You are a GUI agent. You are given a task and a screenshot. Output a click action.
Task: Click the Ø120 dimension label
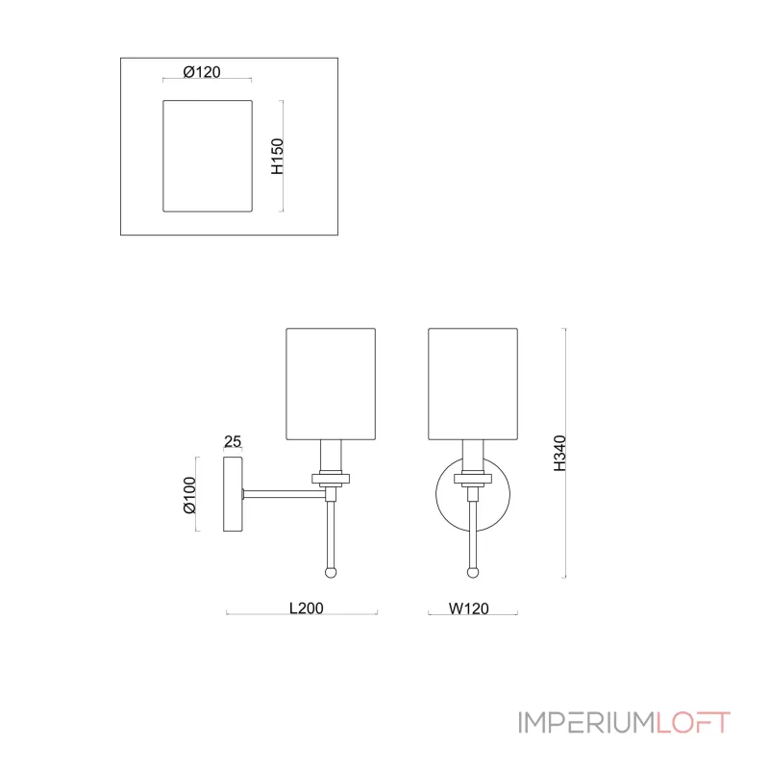202,72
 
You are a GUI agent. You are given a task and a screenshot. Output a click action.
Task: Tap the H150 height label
278,156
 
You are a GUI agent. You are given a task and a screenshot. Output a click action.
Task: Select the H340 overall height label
560,453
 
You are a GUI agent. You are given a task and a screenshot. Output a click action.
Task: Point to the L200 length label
306,608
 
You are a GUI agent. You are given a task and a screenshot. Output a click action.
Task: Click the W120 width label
469,608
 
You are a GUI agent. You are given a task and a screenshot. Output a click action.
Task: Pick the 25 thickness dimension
233,441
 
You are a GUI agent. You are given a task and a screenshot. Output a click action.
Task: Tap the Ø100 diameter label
189,495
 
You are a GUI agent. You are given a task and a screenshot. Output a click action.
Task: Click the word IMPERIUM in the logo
586,723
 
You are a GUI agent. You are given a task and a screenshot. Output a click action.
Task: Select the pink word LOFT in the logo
693,723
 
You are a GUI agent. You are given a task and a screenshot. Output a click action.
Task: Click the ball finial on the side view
331,572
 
